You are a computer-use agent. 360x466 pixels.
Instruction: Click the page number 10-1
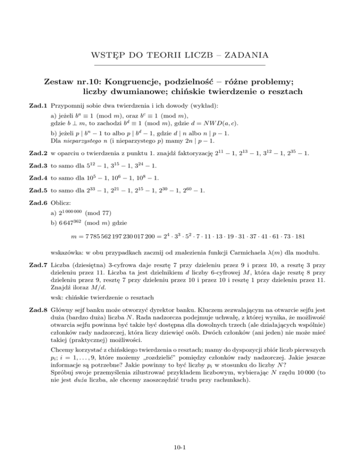[x=180, y=446]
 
